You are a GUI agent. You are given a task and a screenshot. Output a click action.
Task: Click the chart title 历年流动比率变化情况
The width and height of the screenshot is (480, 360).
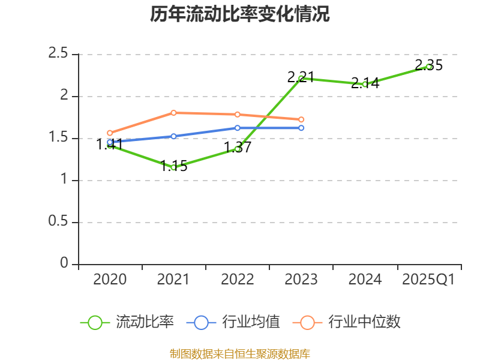[240, 14]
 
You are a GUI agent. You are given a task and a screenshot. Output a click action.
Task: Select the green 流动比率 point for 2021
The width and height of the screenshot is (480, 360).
[173, 167]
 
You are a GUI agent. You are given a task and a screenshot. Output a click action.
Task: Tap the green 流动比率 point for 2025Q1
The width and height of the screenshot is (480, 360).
[429, 67]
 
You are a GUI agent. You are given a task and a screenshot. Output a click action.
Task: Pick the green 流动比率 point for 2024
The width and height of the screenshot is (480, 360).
[365, 84]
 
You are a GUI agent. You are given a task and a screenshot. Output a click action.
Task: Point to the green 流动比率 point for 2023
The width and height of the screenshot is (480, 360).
[301, 78]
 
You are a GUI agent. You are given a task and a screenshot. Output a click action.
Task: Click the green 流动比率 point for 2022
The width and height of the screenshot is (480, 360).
[238, 148]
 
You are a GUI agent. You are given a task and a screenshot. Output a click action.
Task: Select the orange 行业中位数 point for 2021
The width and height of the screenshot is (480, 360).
[173, 113]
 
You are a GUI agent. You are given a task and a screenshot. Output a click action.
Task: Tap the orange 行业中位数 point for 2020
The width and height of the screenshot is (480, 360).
[110, 133]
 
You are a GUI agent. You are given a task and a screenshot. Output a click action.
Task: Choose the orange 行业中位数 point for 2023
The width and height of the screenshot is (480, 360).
[301, 119]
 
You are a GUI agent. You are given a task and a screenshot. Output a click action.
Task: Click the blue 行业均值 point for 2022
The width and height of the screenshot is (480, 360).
[238, 128]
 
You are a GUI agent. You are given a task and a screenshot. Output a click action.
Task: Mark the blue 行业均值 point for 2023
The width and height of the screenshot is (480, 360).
[301, 128]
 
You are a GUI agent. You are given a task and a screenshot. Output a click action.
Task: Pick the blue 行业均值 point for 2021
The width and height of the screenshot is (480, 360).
[173, 136]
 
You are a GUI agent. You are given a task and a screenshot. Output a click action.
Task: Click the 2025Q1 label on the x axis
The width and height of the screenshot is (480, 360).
[428, 280]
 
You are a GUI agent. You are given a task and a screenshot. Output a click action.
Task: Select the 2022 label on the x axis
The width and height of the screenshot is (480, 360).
[238, 280]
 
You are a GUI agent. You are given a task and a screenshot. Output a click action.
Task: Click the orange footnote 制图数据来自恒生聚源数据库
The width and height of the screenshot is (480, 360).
[240, 353]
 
